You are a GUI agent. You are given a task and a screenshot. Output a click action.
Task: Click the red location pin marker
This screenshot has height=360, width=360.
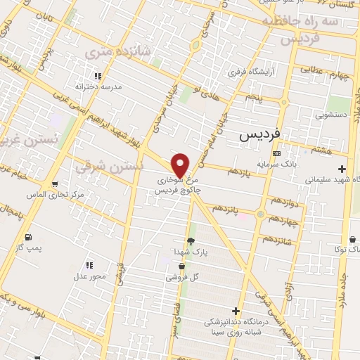pyautogui.click(x=181, y=165)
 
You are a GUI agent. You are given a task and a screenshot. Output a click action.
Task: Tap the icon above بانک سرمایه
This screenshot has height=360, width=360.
pyautogui.click(x=277, y=153)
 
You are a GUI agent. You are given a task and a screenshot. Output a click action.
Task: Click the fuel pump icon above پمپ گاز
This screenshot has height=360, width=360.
pyautogui.click(x=27, y=237)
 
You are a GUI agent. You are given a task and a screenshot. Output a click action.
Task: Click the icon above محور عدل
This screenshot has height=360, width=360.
pyautogui.click(x=89, y=265)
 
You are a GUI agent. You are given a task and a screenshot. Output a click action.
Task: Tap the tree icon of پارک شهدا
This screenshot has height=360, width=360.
pyautogui.click(x=191, y=240)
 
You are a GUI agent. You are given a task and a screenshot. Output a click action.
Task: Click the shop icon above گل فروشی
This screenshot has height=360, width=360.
pyautogui.click(x=182, y=266)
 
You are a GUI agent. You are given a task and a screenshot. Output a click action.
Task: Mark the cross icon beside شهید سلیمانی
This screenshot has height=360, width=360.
pyautogui.click(x=342, y=169)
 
